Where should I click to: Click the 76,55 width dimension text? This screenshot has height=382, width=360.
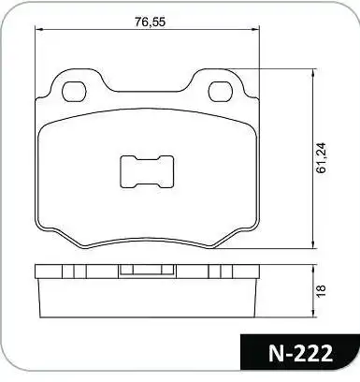150,22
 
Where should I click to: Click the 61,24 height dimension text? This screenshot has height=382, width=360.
321,157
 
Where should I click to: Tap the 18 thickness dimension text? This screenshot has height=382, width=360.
321,290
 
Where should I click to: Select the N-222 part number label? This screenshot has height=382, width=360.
300,354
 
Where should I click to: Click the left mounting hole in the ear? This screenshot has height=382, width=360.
74,92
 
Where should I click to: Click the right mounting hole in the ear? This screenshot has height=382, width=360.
221,92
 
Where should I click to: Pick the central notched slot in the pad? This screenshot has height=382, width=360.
147,171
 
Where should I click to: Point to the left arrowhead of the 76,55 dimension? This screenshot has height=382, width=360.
38,29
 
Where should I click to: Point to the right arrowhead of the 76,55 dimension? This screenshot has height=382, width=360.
256,29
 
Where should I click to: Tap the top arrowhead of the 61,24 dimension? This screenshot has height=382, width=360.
312,72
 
